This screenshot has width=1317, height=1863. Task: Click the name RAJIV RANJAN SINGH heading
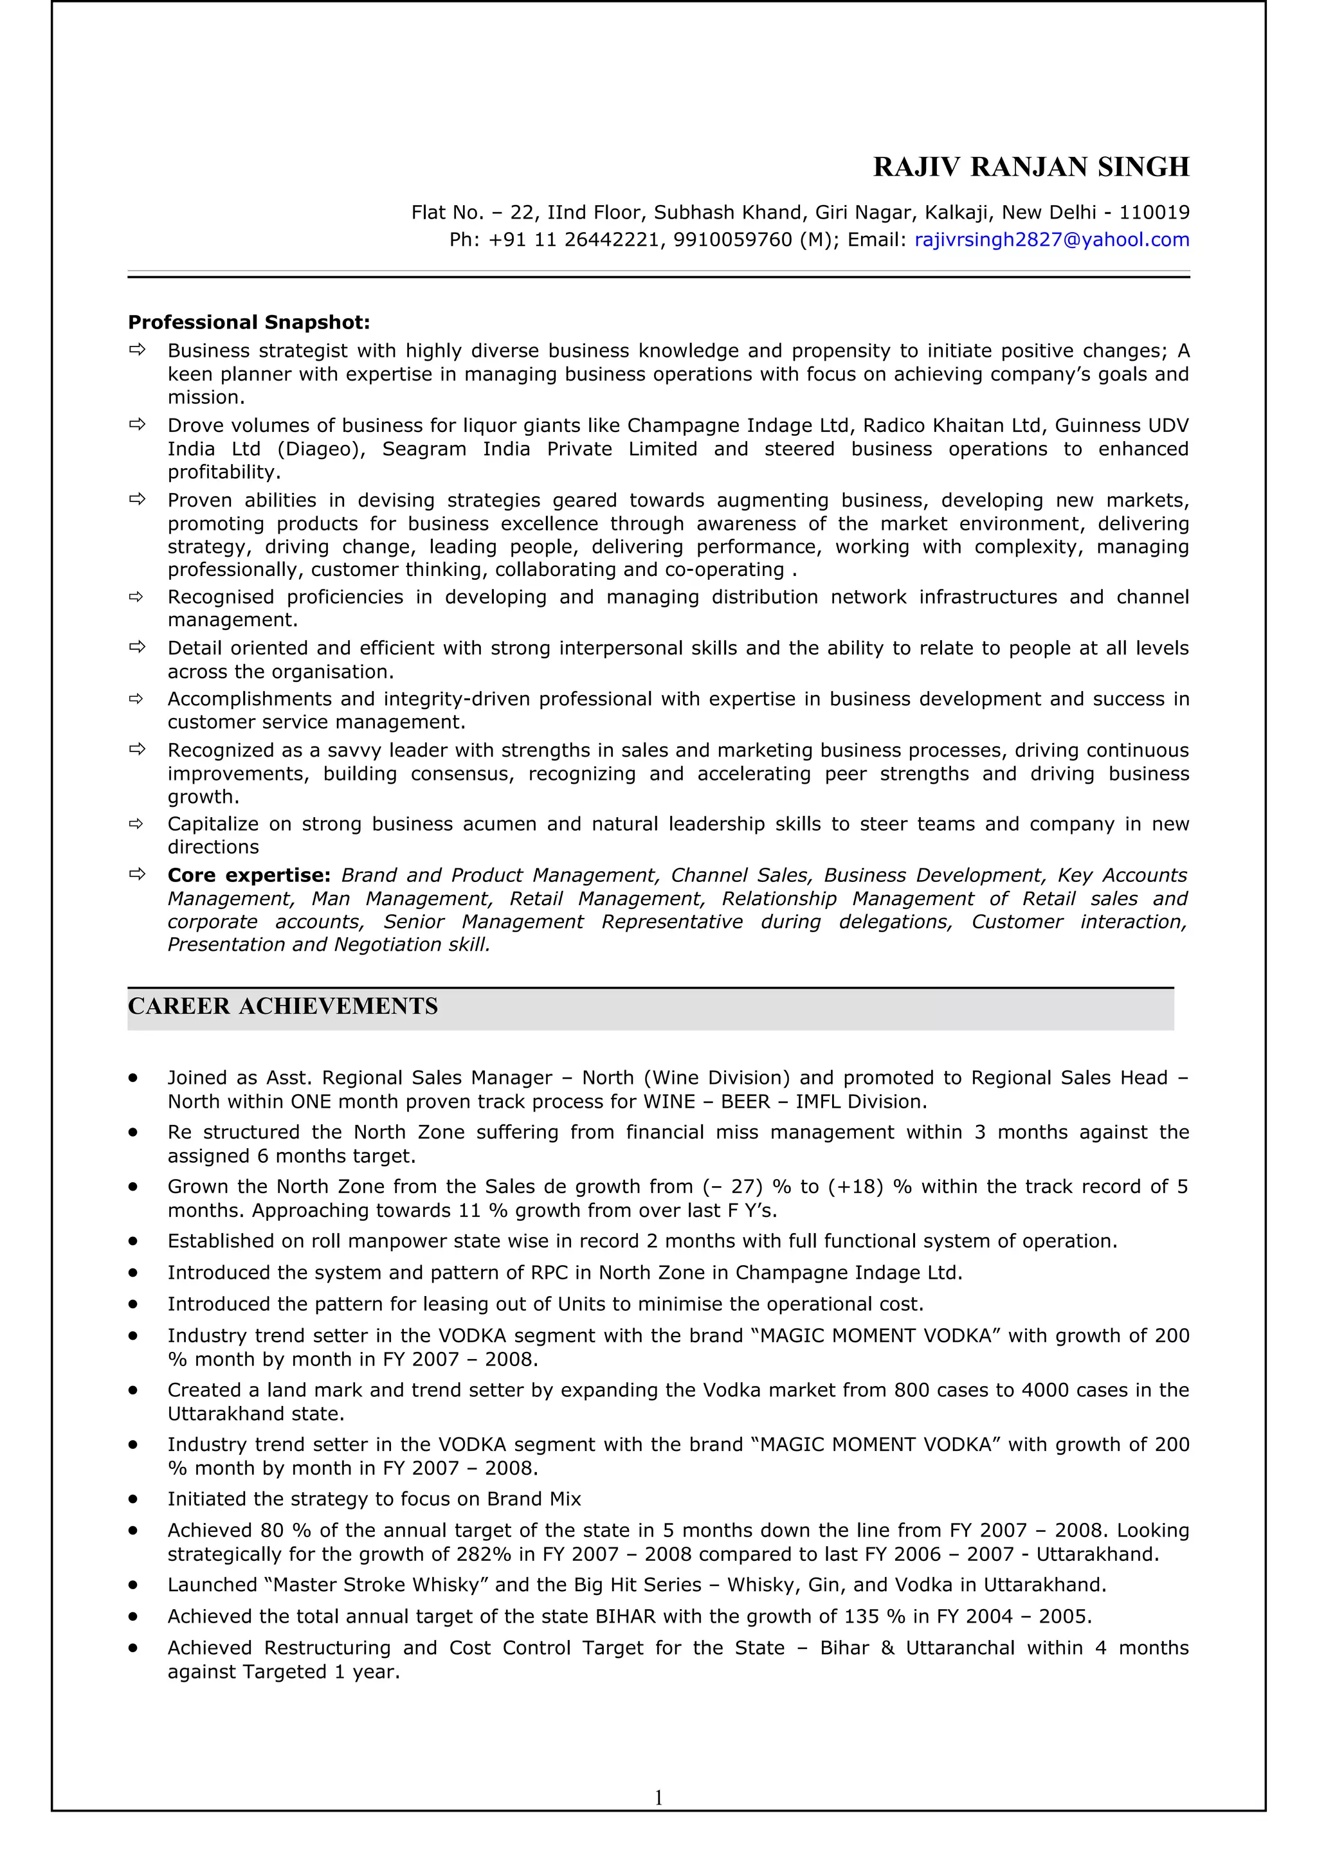pyautogui.click(x=1031, y=167)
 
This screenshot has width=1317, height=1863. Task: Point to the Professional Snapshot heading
pyautogui.click(x=248, y=322)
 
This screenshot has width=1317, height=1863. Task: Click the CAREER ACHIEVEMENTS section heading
pyautogui.click(x=282, y=1006)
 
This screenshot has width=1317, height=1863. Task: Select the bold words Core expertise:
pyautogui.click(x=248, y=876)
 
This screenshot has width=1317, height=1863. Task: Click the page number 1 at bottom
pyautogui.click(x=658, y=1797)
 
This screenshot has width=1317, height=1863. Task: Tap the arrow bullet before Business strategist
pyautogui.click(x=137, y=350)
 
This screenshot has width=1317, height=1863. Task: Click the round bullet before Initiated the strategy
pyautogui.click(x=132, y=1500)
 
